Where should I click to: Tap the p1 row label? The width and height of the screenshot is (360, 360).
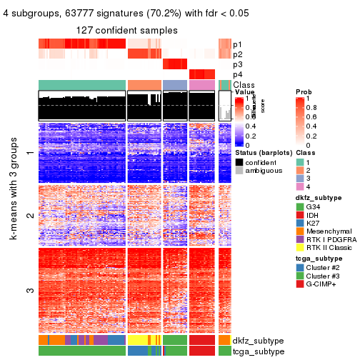[237, 44]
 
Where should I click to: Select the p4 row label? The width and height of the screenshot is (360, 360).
[237, 74]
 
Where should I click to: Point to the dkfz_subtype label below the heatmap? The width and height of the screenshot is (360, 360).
[254, 341]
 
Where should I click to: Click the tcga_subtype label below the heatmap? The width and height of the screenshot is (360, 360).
[254, 351]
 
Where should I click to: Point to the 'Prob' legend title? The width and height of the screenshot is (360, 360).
[303, 92]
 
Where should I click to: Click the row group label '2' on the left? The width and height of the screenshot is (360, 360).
[30, 215]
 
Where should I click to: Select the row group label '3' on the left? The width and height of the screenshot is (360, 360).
[30, 291]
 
